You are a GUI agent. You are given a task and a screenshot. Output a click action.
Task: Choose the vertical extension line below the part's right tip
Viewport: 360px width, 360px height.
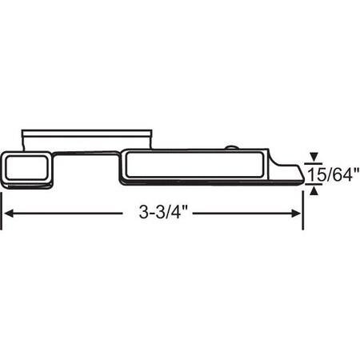pyautogui.click(x=302, y=208)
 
